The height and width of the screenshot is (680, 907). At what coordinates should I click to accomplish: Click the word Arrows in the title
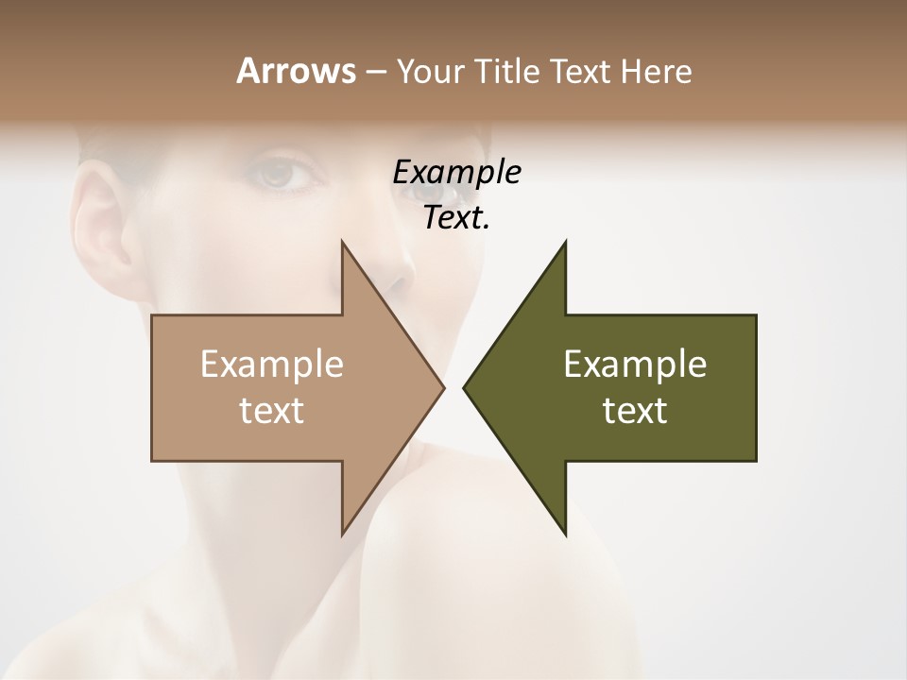[295, 71]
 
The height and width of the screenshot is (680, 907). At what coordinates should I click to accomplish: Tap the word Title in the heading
[512, 72]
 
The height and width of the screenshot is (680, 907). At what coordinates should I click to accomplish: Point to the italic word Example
[456, 173]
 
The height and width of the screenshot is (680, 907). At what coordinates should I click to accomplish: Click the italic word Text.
[456, 218]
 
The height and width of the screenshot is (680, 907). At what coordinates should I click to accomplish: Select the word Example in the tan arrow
[272, 364]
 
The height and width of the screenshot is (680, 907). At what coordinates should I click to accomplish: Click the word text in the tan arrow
[272, 410]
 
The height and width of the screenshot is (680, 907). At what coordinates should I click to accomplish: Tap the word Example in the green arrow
[635, 364]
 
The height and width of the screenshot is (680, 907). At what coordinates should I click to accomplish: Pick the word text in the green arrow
[635, 410]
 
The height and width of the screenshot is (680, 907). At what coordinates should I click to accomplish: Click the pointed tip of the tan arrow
[443, 387]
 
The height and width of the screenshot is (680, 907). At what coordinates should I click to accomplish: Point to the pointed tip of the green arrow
[464, 387]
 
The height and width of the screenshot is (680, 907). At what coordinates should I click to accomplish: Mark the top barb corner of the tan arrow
[342, 242]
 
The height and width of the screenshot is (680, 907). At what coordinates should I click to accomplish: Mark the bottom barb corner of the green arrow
[565, 535]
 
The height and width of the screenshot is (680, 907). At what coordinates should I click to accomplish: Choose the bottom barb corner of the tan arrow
[342, 535]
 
